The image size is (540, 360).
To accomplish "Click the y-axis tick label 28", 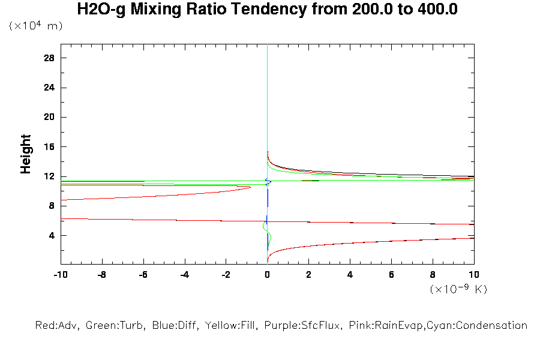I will point(49,58).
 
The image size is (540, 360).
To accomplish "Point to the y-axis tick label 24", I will point(49,88).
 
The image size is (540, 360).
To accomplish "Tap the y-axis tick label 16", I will point(49,147).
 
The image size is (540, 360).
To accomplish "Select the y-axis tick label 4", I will point(52,236).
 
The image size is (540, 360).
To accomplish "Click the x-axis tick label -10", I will point(60,275).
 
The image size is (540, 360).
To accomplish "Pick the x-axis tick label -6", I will point(143,275).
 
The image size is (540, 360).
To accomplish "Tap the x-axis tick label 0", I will point(267,275).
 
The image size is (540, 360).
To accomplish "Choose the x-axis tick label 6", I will point(391,275).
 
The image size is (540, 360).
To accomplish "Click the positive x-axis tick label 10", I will point(473,275).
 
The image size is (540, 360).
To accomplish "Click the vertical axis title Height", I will point(26,154).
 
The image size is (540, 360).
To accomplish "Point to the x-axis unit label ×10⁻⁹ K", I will point(458,289).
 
